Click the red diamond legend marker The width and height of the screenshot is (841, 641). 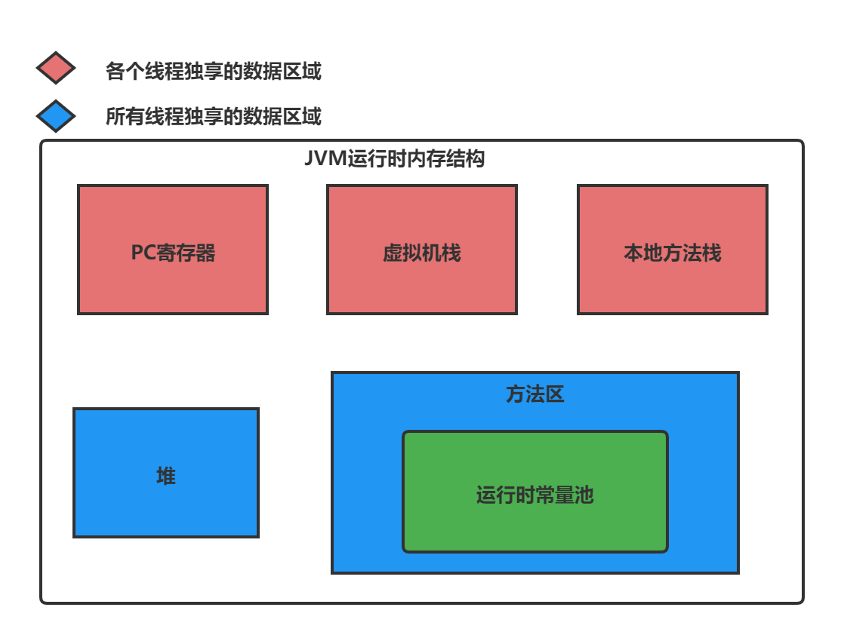pos(55,69)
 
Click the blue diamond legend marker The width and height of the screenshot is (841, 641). pos(55,116)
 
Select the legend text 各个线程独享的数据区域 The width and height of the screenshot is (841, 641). pos(213,72)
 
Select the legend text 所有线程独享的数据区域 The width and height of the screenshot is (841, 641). pos(213,117)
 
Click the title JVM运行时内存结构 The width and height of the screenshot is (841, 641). pos(394,160)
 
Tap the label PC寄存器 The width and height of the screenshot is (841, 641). pos(173,253)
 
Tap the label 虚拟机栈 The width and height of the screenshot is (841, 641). pos(421,253)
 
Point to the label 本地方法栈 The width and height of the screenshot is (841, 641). pos(672,253)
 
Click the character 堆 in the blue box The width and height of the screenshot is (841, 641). pos(166,476)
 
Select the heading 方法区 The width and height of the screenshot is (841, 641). pos(534,394)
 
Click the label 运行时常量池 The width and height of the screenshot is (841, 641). pos(534,495)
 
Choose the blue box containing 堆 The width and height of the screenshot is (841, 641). pos(166,509)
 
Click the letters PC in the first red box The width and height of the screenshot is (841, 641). pos(143,253)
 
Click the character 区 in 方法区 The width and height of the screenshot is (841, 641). pos(555,394)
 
